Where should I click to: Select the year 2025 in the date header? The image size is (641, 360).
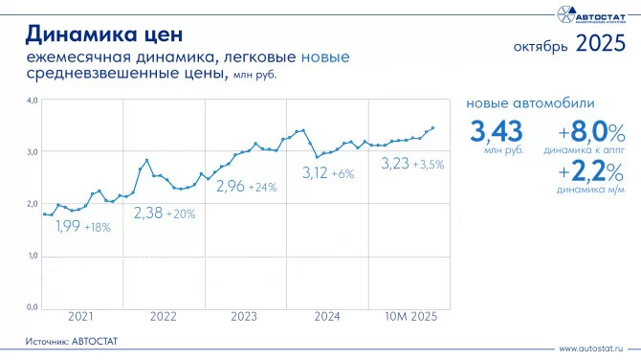tap(601, 44)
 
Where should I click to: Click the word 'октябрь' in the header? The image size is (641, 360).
tap(541, 46)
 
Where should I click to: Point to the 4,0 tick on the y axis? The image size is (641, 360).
tap(32, 100)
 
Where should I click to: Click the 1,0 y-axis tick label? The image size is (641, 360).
tap(32, 256)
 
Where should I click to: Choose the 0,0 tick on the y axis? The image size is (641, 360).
tap(32, 307)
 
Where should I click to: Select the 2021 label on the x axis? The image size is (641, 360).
tap(80, 316)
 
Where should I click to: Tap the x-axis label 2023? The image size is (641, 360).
tap(244, 316)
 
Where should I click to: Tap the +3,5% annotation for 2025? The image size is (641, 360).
tap(428, 164)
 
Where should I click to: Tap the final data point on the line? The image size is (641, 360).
tap(432, 127)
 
